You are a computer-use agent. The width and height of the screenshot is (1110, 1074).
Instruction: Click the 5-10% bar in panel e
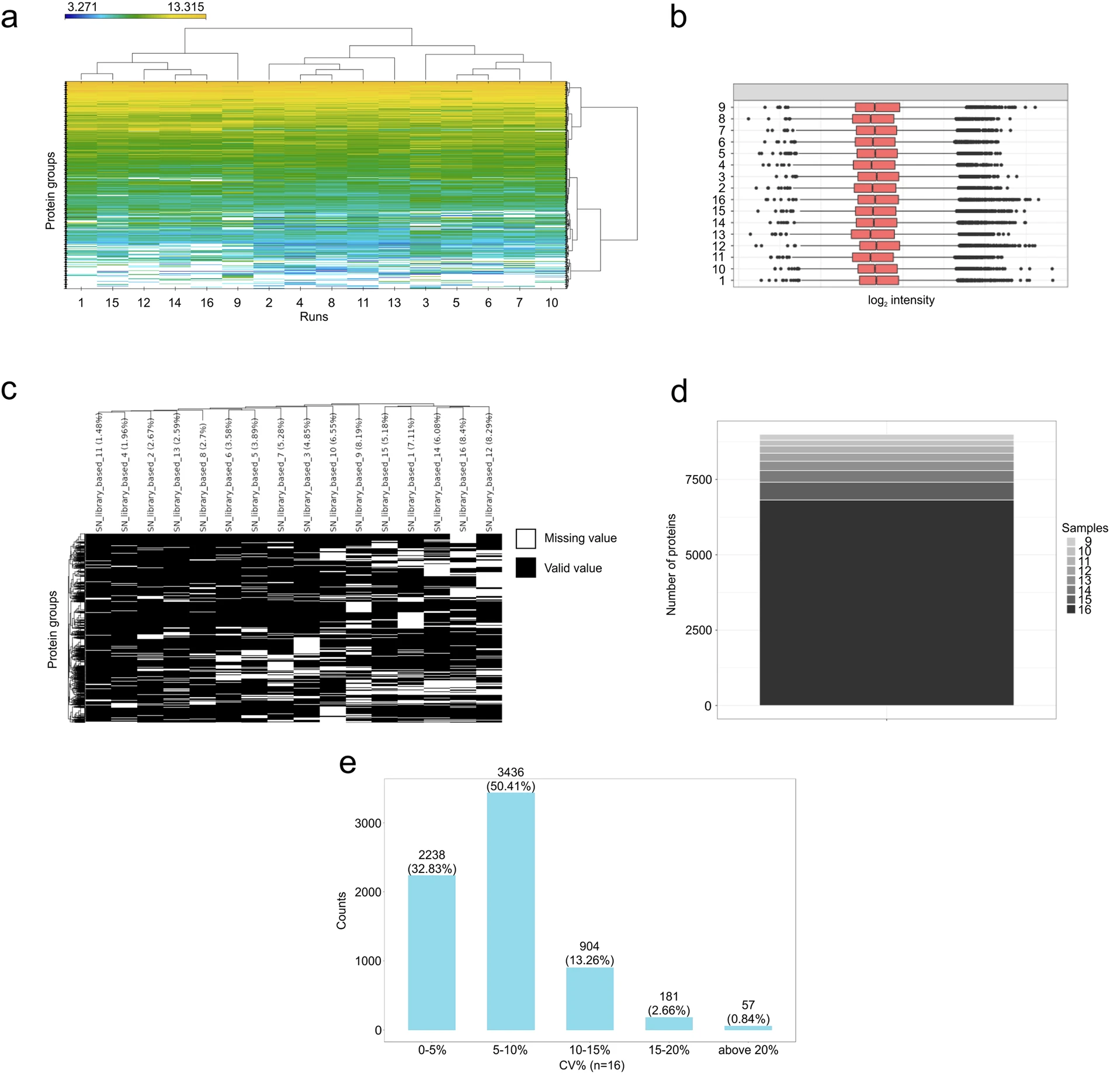point(510,912)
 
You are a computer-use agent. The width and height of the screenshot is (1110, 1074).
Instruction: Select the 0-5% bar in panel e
point(432,953)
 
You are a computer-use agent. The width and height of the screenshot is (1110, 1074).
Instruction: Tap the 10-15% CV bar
point(589,999)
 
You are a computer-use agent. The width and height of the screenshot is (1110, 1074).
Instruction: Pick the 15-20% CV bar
point(669,1024)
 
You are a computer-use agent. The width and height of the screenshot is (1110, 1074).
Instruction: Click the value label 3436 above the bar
point(510,772)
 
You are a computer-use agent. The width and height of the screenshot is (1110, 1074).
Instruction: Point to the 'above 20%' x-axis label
point(748,1050)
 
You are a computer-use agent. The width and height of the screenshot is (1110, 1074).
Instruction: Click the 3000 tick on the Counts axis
point(368,823)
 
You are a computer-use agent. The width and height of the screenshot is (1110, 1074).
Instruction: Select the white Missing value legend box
point(526,538)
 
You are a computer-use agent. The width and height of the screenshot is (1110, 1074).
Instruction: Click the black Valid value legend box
point(526,568)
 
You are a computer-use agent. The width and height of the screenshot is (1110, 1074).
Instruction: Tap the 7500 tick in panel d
point(698,480)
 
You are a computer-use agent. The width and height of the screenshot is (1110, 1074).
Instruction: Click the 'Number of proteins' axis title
point(671,564)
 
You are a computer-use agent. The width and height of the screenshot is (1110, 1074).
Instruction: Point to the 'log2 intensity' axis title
point(901,300)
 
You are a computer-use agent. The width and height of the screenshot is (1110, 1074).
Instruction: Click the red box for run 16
point(878,200)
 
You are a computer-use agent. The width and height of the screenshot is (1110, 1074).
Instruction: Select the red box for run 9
point(877,107)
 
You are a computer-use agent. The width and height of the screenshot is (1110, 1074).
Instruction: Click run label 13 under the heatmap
point(394,303)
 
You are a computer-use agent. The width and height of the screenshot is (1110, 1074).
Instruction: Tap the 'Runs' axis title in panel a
point(314,317)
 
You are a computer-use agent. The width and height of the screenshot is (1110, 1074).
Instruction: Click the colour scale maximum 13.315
point(186,7)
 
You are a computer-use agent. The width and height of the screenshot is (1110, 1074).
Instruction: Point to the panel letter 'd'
point(679,392)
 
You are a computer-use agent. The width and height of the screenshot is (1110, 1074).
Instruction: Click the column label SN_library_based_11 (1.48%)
point(99,472)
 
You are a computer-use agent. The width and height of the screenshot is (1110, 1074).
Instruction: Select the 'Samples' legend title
point(1084,528)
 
